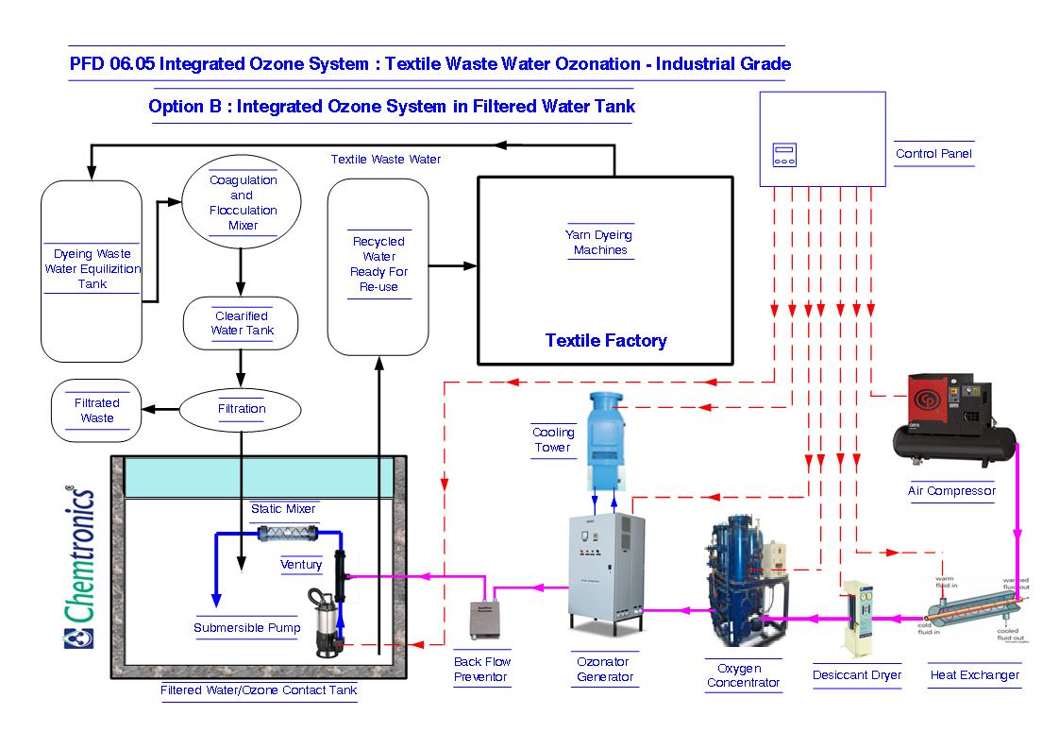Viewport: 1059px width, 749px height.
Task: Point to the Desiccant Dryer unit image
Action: (x=858, y=618)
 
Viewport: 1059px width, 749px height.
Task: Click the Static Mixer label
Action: (x=283, y=508)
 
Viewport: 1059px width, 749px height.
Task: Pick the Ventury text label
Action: (x=301, y=564)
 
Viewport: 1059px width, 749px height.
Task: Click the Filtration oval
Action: (x=242, y=409)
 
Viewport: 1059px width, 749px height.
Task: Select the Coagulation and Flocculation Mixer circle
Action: (x=242, y=202)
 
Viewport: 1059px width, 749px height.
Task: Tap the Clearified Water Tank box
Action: (x=242, y=323)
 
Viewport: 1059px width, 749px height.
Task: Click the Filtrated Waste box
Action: (x=97, y=411)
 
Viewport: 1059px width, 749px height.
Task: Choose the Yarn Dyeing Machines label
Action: (x=598, y=243)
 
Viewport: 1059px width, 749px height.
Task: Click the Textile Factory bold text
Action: (x=606, y=341)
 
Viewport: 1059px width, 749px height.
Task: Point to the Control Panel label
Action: (x=933, y=154)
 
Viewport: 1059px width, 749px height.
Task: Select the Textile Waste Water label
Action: (x=385, y=159)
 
